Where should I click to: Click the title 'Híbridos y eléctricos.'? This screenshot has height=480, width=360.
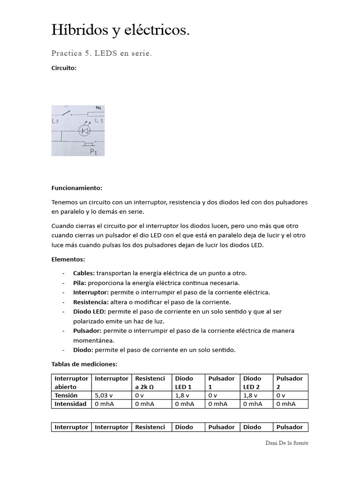(x=120, y=30)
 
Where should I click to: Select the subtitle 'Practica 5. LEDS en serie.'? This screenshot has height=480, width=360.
(x=102, y=53)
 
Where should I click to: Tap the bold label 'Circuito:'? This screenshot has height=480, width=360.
(x=64, y=68)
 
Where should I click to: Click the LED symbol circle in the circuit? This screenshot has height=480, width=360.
(x=84, y=131)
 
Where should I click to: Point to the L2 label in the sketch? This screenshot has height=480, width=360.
(x=55, y=121)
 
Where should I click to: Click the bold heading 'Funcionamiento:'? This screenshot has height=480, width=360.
(x=76, y=188)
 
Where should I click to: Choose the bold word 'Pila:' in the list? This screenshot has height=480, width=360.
(x=79, y=283)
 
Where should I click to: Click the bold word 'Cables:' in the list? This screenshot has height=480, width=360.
(x=84, y=273)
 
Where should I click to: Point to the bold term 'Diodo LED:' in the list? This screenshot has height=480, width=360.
(x=90, y=311)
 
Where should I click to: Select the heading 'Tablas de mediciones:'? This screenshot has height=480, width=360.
(x=84, y=364)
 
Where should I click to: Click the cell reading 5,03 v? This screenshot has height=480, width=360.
(x=104, y=395)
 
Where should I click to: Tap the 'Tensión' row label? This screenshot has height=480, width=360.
(x=66, y=395)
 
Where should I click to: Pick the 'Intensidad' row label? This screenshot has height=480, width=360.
(x=70, y=404)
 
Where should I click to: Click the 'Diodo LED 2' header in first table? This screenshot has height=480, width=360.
(x=252, y=382)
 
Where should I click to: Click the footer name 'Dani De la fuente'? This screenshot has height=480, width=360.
(x=286, y=442)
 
